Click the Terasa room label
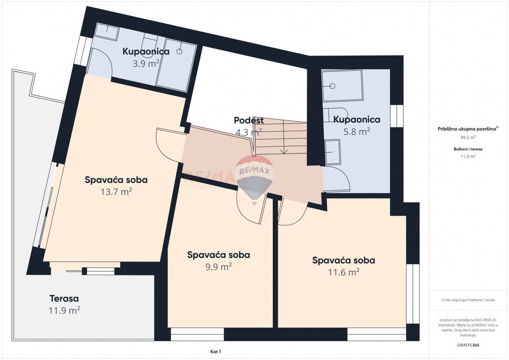[x=64, y=299]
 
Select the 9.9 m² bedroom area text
[x=218, y=267]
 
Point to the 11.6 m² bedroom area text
[x=344, y=272]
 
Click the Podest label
[x=249, y=121]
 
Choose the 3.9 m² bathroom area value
[x=146, y=64]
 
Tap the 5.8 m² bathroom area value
[x=357, y=131]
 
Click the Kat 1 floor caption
[x=216, y=352]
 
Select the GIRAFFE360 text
[x=468, y=345]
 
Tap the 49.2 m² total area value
[x=468, y=137]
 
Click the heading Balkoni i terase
[x=468, y=149]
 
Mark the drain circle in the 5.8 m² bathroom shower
[x=332, y=86]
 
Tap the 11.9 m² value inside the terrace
[x=64, y=310]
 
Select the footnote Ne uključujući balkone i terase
[x=468, y=300]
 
